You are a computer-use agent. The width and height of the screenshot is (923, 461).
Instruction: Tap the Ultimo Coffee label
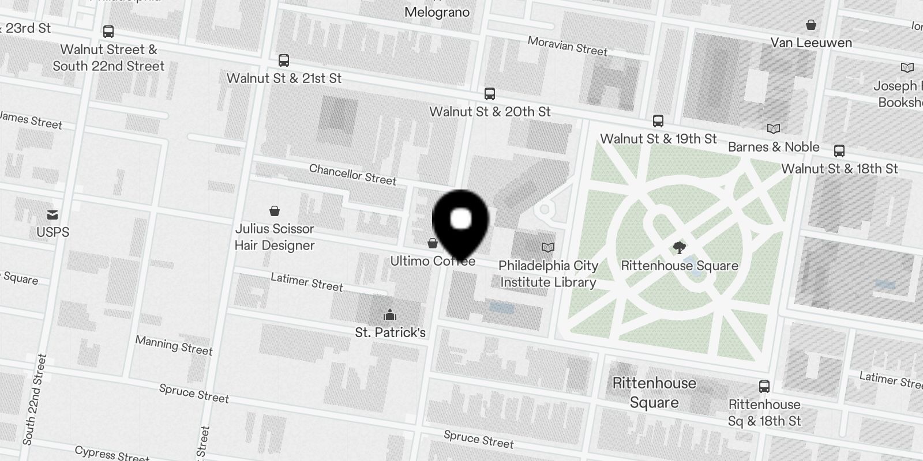(x=433, y=261)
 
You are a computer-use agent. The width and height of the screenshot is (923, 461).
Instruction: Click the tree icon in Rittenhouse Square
(x=680, y=248)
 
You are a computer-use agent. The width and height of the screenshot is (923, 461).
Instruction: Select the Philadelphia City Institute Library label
(x=548, y=274)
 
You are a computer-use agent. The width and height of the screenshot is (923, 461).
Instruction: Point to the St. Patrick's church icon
(x=390, y=315)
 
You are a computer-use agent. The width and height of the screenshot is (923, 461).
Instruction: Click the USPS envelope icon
(x=52, y=215)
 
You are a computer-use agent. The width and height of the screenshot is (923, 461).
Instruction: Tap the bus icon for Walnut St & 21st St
(x=283, y=61)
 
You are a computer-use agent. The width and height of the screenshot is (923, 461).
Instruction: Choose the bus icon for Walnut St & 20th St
(x=489, y=93)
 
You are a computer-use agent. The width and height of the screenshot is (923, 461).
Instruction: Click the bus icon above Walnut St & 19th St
(x=658, y=121)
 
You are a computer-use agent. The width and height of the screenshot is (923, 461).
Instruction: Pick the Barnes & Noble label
(x=773, y=147)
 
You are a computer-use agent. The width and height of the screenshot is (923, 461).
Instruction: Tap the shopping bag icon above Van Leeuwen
(x=811, y=25)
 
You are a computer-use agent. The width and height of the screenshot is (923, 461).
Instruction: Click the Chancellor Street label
(x=352, y=175)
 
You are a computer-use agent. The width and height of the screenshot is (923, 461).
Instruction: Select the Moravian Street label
(x=567, y=46)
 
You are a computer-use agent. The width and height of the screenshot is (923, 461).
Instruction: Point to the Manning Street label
(x=174, y=345)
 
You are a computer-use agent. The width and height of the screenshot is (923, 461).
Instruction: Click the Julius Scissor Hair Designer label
(x=275, y=237)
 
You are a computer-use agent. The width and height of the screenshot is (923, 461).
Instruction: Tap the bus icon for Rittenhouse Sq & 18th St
(x=764, y=386)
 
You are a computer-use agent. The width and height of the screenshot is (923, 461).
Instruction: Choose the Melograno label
(x=437, y=12)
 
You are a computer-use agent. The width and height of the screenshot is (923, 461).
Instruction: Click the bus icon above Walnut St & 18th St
(x=839, y=151)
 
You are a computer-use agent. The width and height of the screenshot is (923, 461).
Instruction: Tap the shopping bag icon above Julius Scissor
(x=275, y=211)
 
